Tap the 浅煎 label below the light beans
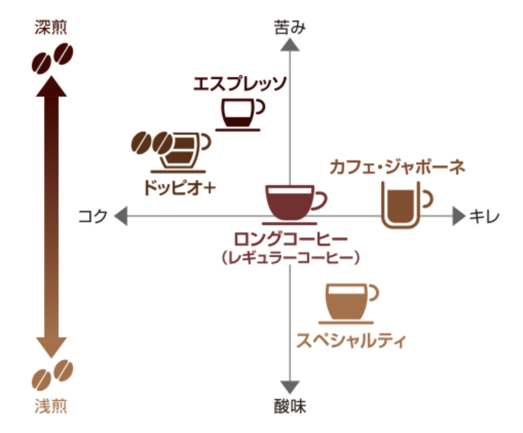tap(51, 407)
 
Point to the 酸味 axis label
tap(290, 407)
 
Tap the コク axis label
tap(93, 216)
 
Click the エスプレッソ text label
tap(239, 83)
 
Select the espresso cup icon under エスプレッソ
tap(239, 113)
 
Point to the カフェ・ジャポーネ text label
tap(397, 167)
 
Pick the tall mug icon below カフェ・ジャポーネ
tap(403, 204)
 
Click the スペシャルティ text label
tap(351, 340)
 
